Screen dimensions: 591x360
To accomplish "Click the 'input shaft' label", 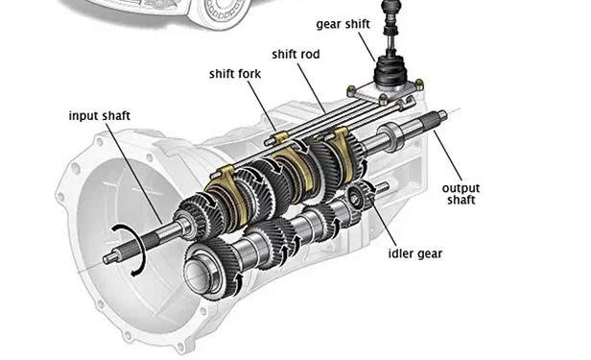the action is pyautogui.click(x=100, y=116).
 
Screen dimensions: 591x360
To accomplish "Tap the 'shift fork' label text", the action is pyautogui.click(x=235, y=74).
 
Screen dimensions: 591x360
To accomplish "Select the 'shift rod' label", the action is pyautogui.click(x=295, y=55).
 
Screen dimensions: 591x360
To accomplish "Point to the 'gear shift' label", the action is pyautogui.click(x=343, y=24).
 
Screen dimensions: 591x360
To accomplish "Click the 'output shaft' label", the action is pyautogui.click(x=461, y=194).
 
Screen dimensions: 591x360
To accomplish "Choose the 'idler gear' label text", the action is pyautogui.click(x=415, y=253).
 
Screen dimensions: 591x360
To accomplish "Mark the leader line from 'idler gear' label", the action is pyautogui.click(x=383, y=221).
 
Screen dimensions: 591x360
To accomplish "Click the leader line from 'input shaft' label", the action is pyautogui.click(x=133, y=173).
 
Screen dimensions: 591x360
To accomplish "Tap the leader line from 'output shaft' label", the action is pyautogui.click(x=447, y=156).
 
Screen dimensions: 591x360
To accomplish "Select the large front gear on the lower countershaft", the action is pyautogui.click(x=213, y=269).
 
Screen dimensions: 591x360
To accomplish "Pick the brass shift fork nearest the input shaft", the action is pyautogui.click(x=227, y=197).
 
